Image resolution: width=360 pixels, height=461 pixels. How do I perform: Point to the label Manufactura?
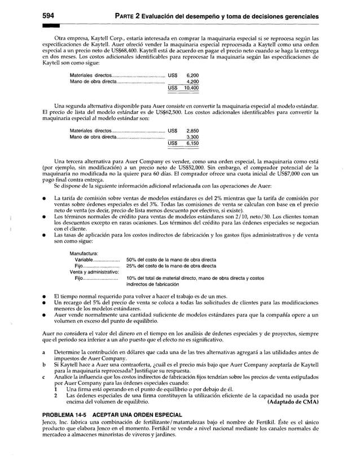pyautogui.click(x=84, y=253)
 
